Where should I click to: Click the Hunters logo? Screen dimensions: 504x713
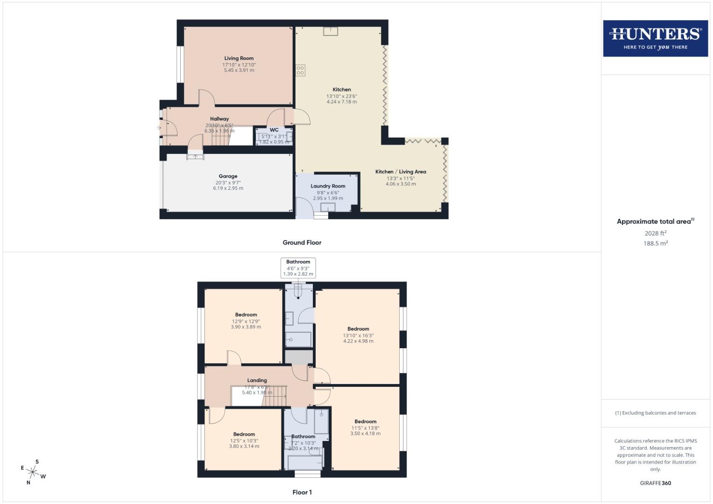655,38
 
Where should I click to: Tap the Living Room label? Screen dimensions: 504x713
239,58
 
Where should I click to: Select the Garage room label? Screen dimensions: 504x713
228,176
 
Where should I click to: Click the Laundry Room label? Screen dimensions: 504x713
328,186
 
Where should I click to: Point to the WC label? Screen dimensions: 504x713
274,130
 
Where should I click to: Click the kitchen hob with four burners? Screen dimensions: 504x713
300,70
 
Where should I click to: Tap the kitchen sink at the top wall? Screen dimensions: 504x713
331,31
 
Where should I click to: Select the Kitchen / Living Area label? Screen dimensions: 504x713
400,172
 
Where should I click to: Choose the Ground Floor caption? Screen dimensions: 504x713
302,243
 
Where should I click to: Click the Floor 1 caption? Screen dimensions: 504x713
302,492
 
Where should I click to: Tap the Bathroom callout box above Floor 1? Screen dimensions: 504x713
298,268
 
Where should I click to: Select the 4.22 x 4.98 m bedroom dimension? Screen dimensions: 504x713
358,341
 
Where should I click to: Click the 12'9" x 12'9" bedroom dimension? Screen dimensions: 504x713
246,321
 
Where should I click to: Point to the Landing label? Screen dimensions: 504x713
257,380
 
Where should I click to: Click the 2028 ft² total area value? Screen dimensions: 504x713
655,233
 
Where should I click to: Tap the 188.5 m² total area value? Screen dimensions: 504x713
655,244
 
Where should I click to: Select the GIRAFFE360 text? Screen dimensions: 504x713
655,483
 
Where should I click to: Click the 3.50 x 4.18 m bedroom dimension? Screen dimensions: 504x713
365,434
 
